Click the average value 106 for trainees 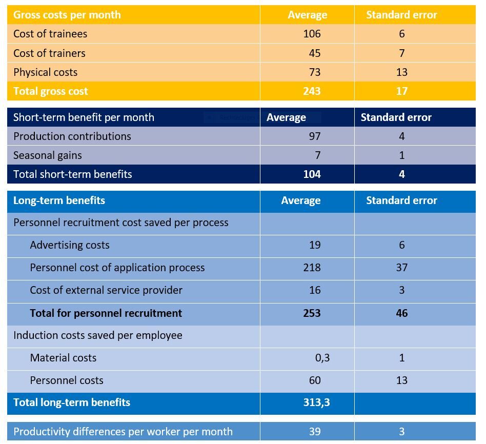312,34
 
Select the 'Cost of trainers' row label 49,53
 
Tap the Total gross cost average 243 312,91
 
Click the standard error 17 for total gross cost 401,91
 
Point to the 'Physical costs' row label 45,72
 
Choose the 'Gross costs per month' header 67,15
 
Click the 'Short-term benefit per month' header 84,117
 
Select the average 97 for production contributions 315,136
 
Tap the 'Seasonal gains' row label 47,155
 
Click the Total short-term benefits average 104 312,174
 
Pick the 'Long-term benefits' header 59,200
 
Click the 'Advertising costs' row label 69,245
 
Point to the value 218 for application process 312,268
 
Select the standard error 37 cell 401,268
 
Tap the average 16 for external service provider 315,290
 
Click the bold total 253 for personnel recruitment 312,313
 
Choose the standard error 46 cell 401,313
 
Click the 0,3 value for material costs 322,358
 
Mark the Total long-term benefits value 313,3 316,402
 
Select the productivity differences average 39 315,432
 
